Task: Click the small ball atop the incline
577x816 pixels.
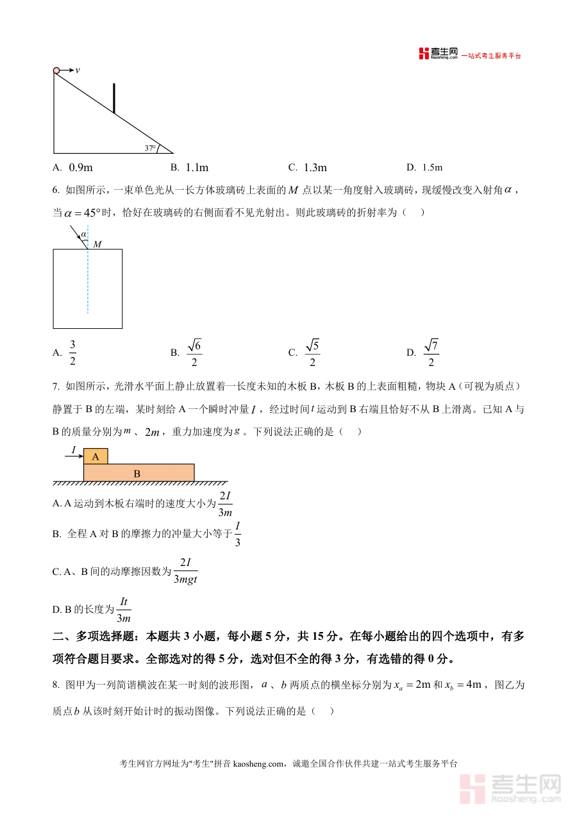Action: pyautogui.click(x=56, y=71)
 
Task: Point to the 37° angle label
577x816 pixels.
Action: pyautogui.click(x=150, y=148)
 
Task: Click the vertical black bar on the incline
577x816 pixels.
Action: pyautogui.click(x=114, y=98)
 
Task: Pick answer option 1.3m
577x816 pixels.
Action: pyautogui.click(x=315, y=168)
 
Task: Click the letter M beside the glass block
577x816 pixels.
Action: pyautogui.click(x=97, y=244)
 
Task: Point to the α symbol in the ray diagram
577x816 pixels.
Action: pyautogui.click(x=83, y=235)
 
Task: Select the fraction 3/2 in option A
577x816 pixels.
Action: pyautogui.click(x=72, y=353)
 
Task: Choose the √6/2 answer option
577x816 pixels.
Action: pyautogui.click(x=194, y=353)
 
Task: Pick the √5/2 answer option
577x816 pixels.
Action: pyautogui.click(x=312, y=353)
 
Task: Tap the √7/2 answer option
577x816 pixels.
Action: pyautogui.click(x=431, y=353)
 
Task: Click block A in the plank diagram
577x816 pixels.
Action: pyautogui.click(x=96, y=456)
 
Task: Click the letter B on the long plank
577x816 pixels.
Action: pyautogui.click(x=137, y=474)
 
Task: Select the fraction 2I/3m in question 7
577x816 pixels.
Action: pyautogui.click(x=224, y=504)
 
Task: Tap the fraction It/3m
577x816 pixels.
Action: pyautogui.click(x=124, y=610)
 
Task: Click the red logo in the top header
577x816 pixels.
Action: pyautogui.click(x=424, y=54)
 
